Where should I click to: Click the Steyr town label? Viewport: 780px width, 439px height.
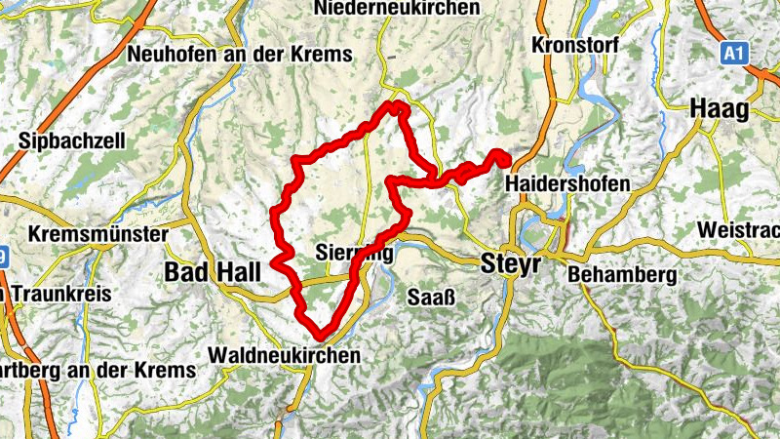point(513,262)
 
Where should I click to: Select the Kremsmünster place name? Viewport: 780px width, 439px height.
point(98,234)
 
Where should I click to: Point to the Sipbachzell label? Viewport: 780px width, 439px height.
point(71,140)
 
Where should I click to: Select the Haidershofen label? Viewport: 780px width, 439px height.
point(568,183)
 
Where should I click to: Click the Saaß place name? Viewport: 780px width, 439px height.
point(427,295)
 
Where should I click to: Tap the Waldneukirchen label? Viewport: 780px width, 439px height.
point(284,355)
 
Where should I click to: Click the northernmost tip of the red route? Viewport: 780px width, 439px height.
point(394,103)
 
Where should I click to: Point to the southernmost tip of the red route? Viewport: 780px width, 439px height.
point(319,338)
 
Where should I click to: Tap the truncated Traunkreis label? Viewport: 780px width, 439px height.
point(58,294)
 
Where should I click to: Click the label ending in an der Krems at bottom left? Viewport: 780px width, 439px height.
point(97,371)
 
